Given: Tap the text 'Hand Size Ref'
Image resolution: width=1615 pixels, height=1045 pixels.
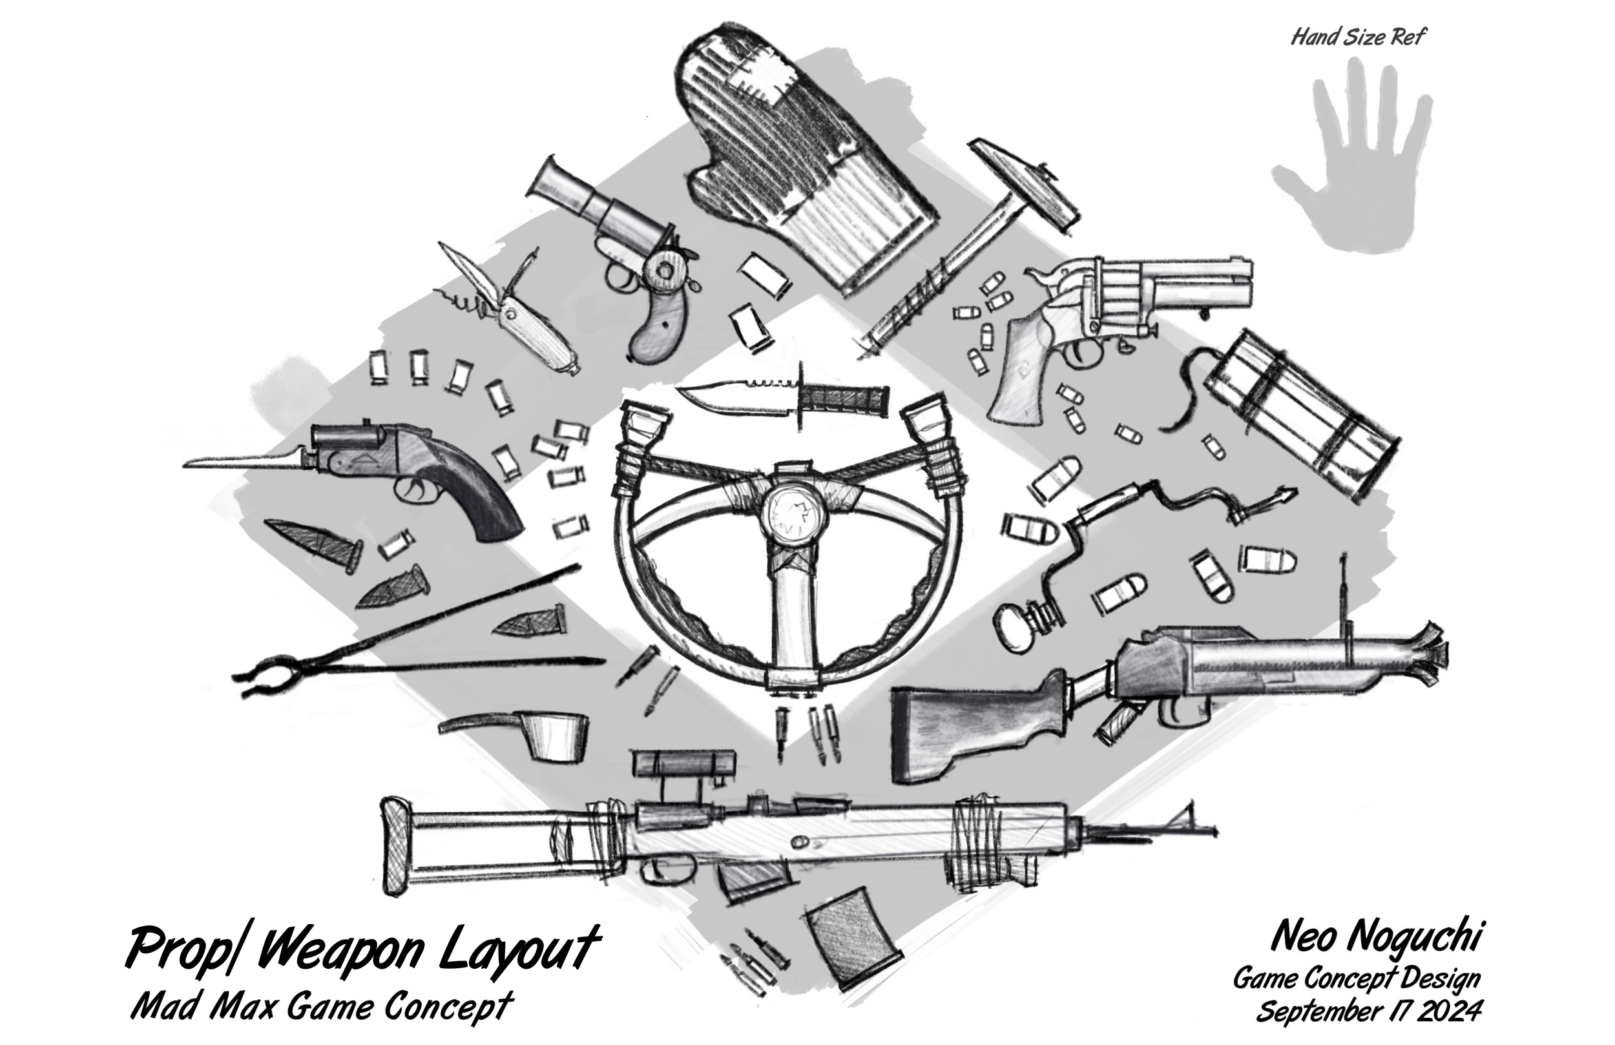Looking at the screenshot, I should [x=1357, y=37].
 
